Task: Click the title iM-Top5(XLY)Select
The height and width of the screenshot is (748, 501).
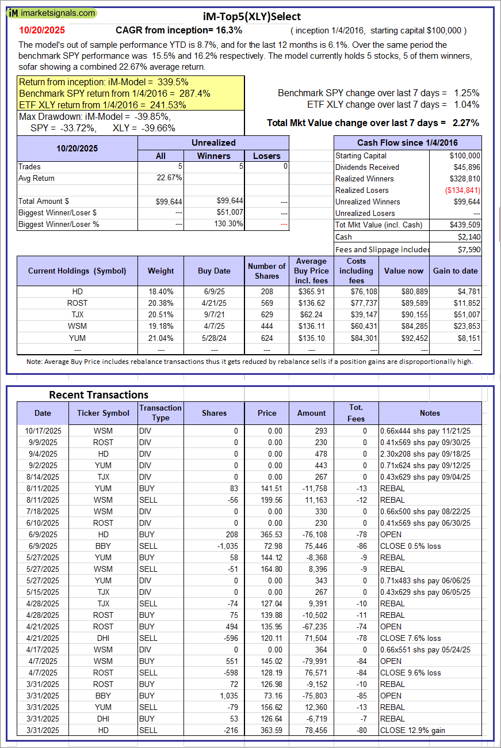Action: pyautogui.click(x=251, y=17)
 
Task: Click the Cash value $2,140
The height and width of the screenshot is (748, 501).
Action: pyautogui.click(x=469, y=237)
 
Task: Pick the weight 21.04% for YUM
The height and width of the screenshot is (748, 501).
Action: pyautogui.click(x=160, y=338)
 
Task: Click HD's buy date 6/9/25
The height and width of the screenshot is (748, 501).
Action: pyautogui.click(x=214, y=292)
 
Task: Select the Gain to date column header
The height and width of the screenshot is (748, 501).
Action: pyautogui.click(x=456, y=271)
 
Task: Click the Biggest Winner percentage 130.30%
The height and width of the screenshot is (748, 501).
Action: pyautogui.click(x=228, y=224)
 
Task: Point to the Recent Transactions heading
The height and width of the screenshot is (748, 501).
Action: pyautogui.click(x=98, y=395)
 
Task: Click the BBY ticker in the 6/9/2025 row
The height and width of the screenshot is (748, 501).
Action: pyautogui.click(x=104, y=546)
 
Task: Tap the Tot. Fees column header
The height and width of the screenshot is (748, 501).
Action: pyautogui.click(x=356, y=413)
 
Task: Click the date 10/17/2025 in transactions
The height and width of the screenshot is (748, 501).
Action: pyautogui.click(x=43, y=431)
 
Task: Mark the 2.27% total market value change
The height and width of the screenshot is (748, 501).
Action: pyautogui.click(x=467, y=123)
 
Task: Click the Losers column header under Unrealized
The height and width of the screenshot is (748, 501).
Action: pyautogui.click(x=267, y=155)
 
